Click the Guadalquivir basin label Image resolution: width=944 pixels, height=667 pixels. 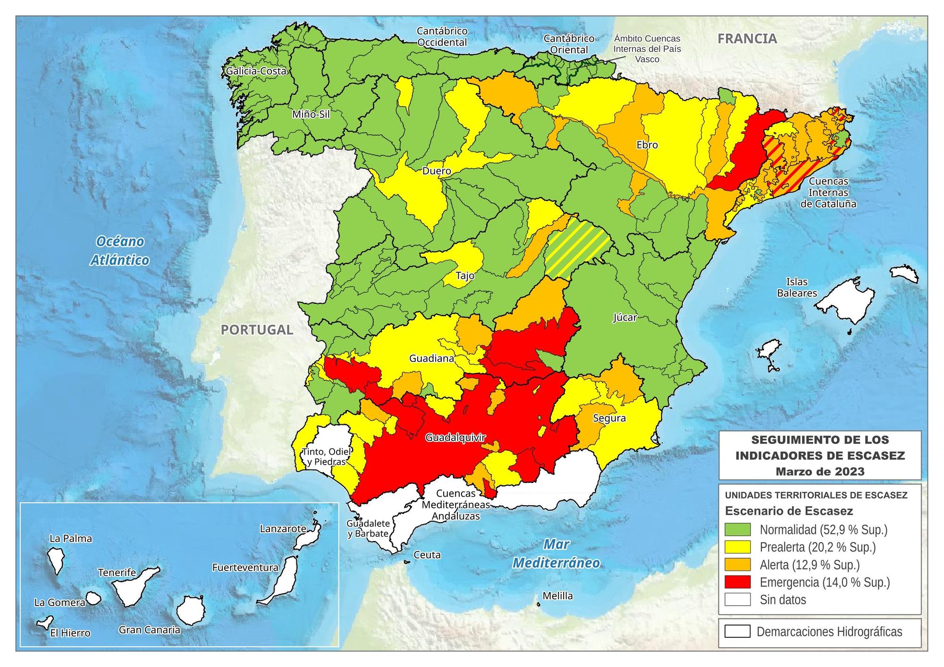455,438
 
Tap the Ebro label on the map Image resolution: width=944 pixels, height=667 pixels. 647,145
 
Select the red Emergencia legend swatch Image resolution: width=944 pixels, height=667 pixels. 737,582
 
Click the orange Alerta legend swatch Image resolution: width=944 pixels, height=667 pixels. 737,565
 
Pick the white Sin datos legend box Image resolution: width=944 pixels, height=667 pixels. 737,600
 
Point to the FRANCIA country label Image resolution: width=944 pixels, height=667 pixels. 747,39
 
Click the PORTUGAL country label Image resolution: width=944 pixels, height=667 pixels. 257,330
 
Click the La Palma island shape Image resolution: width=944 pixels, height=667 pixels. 57,560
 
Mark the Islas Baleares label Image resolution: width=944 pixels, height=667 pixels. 797,287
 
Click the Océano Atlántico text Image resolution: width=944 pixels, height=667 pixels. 120,250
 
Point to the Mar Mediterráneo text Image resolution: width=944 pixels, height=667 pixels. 556,553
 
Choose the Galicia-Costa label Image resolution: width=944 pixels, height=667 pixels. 256,71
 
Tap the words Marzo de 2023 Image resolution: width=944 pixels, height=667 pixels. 820,471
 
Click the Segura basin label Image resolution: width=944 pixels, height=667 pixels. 609,418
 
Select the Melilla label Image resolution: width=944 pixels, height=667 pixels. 557,596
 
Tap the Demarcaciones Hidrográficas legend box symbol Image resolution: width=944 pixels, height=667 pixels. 737,632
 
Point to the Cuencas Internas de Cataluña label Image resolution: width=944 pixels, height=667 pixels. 828,192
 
